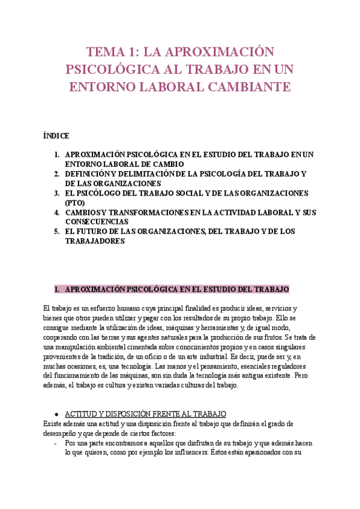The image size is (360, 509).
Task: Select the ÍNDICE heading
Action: (x=56, y=136)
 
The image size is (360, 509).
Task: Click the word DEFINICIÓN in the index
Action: (x=89, y=174)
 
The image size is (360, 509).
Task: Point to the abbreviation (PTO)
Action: (x=75, y=203)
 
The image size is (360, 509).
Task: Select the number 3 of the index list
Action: (x=56, y=193)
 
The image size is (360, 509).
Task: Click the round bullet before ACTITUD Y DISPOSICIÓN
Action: (x=56, y=397)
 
